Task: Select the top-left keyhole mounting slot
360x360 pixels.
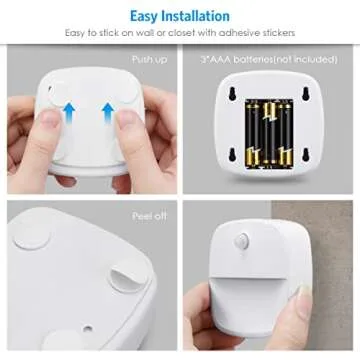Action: (x=233, y=94)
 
